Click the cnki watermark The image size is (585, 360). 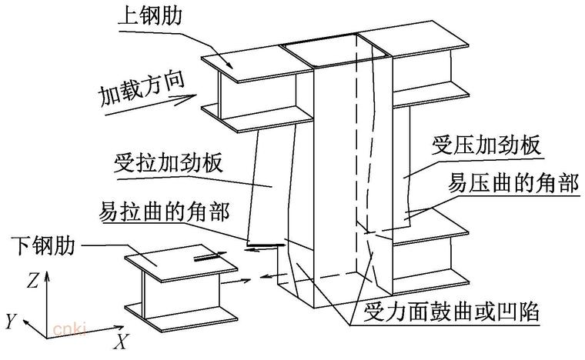[x=68, y=329]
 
